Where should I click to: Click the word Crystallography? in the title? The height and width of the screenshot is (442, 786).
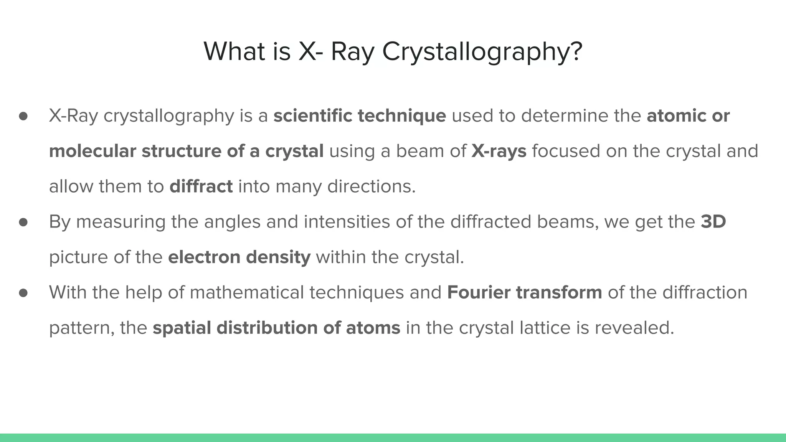(x=482, y=52)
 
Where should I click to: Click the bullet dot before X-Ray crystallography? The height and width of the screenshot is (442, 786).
(x=23, y=116)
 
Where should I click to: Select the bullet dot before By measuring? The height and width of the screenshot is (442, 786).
(x=23, y=222)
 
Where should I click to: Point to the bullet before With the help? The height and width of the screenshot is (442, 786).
(x=23, y=293)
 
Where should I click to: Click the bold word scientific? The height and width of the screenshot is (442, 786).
(x=313, y=116)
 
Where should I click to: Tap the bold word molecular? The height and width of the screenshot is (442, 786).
(x=92, y=151)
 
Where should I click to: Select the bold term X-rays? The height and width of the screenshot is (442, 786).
(x=499, y=151)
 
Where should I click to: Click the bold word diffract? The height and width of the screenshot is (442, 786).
(x=201, y=186)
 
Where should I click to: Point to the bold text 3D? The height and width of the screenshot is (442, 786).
(x=713, y=222)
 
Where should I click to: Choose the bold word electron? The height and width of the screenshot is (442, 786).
(x=204, y=257)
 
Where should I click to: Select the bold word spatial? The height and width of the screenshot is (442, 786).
(x=182, y=328)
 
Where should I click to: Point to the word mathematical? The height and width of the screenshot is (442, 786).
(x=246, y=292)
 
